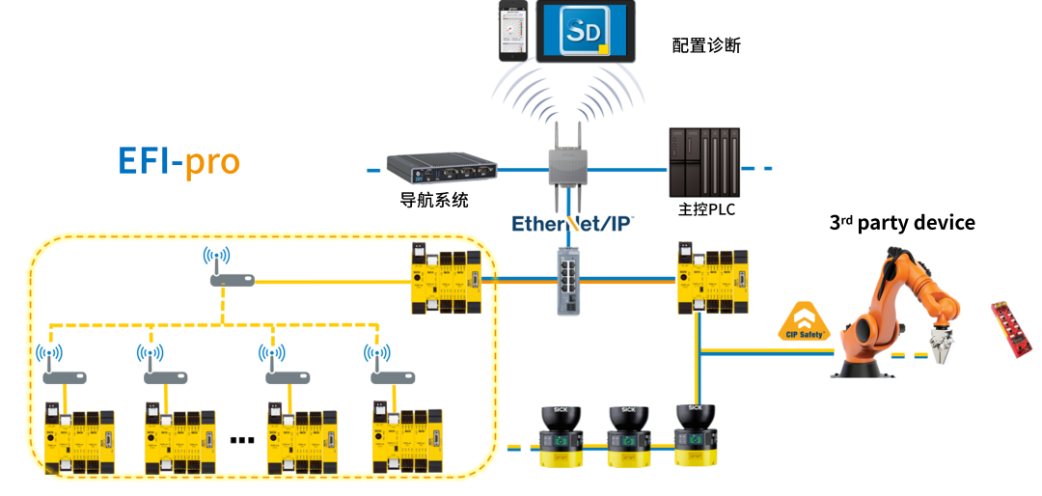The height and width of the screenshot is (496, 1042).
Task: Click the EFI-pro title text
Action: [178, 160]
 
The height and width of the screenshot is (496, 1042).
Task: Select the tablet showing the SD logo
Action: [586, 32]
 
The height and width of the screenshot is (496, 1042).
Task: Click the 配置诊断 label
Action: [706, 45]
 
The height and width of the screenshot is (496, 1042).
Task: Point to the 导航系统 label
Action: [434, 201]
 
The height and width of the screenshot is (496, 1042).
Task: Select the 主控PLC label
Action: [706, 209]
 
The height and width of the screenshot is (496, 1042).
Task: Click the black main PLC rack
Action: [705, 162]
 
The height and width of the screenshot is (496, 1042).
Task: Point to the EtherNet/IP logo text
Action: [572, 224]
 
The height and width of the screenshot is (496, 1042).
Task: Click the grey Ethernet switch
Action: [569, 280]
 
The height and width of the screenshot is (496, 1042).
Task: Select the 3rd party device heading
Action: [902, 223]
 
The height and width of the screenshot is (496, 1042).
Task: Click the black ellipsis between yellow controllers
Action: [242, 440]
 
